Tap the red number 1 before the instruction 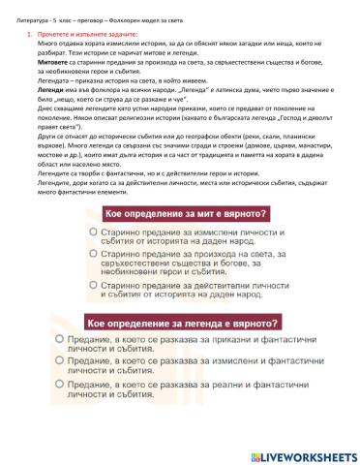(29, 34)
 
